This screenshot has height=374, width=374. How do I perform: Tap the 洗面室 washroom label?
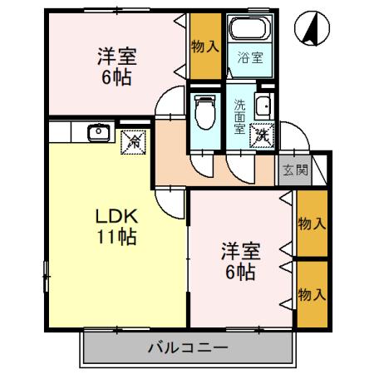click(x=239, y=116)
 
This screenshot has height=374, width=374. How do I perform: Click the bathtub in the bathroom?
click(x=249, y=32)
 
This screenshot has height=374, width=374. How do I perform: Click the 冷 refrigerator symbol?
click(x=133, y=141)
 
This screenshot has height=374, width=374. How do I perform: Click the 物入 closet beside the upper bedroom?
click(x=204, y=47)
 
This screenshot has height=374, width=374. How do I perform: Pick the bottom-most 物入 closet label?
click(x=311, y=294)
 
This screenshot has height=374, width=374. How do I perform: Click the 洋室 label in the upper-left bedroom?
click(x=116, y=58)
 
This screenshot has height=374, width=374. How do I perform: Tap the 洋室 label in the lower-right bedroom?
click(x=238, y=249)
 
